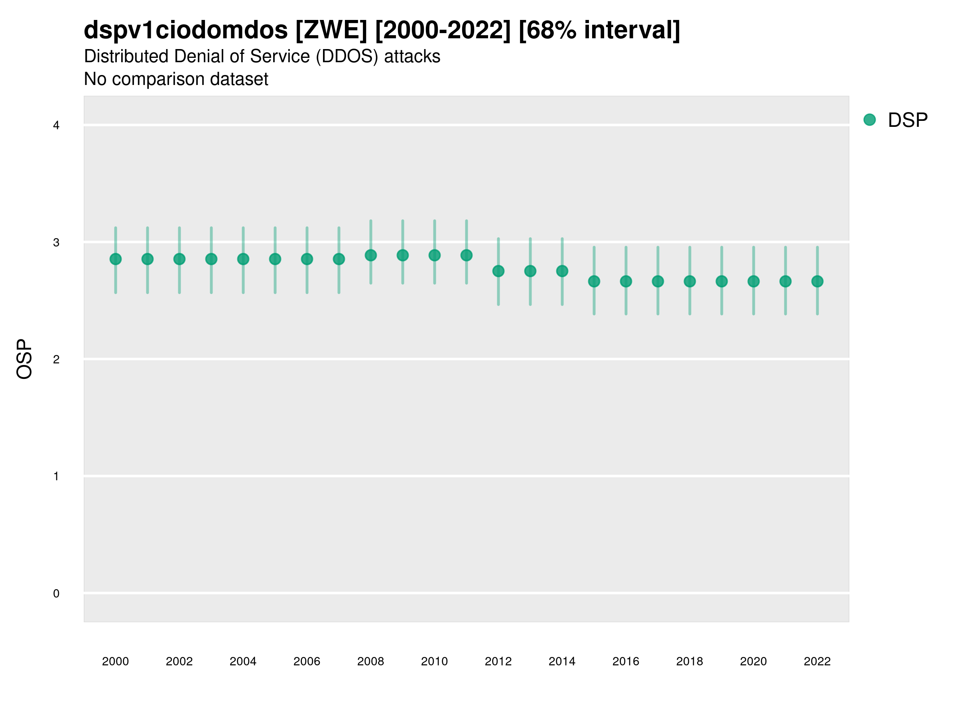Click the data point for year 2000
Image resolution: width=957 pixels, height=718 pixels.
point(116,259)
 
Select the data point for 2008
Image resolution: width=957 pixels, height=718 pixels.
point(371,255)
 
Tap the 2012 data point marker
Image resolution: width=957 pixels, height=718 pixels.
point(498,271)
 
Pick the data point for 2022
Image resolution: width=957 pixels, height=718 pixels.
point(817,281)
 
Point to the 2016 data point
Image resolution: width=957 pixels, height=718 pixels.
point(626,281)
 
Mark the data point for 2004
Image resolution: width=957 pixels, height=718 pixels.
point(243,259)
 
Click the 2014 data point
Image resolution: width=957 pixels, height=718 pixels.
point(562,271)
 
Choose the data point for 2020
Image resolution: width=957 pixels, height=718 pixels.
point(754,281)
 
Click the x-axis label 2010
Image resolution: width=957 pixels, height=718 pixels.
point(434,661)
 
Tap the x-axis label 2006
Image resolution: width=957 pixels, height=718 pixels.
point(307,661)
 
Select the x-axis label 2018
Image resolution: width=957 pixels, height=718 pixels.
point(689,661)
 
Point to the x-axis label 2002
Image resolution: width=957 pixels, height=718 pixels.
point(179,661)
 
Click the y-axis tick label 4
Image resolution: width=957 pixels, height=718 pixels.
point(56,126)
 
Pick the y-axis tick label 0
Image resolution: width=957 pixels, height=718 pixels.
point(56,594)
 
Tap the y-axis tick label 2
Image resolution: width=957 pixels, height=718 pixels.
point(56,359)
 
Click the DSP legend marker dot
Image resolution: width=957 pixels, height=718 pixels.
point(870,120)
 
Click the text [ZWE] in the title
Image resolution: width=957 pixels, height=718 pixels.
point(331,30)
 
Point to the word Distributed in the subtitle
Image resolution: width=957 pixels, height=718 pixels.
point(127,56)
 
